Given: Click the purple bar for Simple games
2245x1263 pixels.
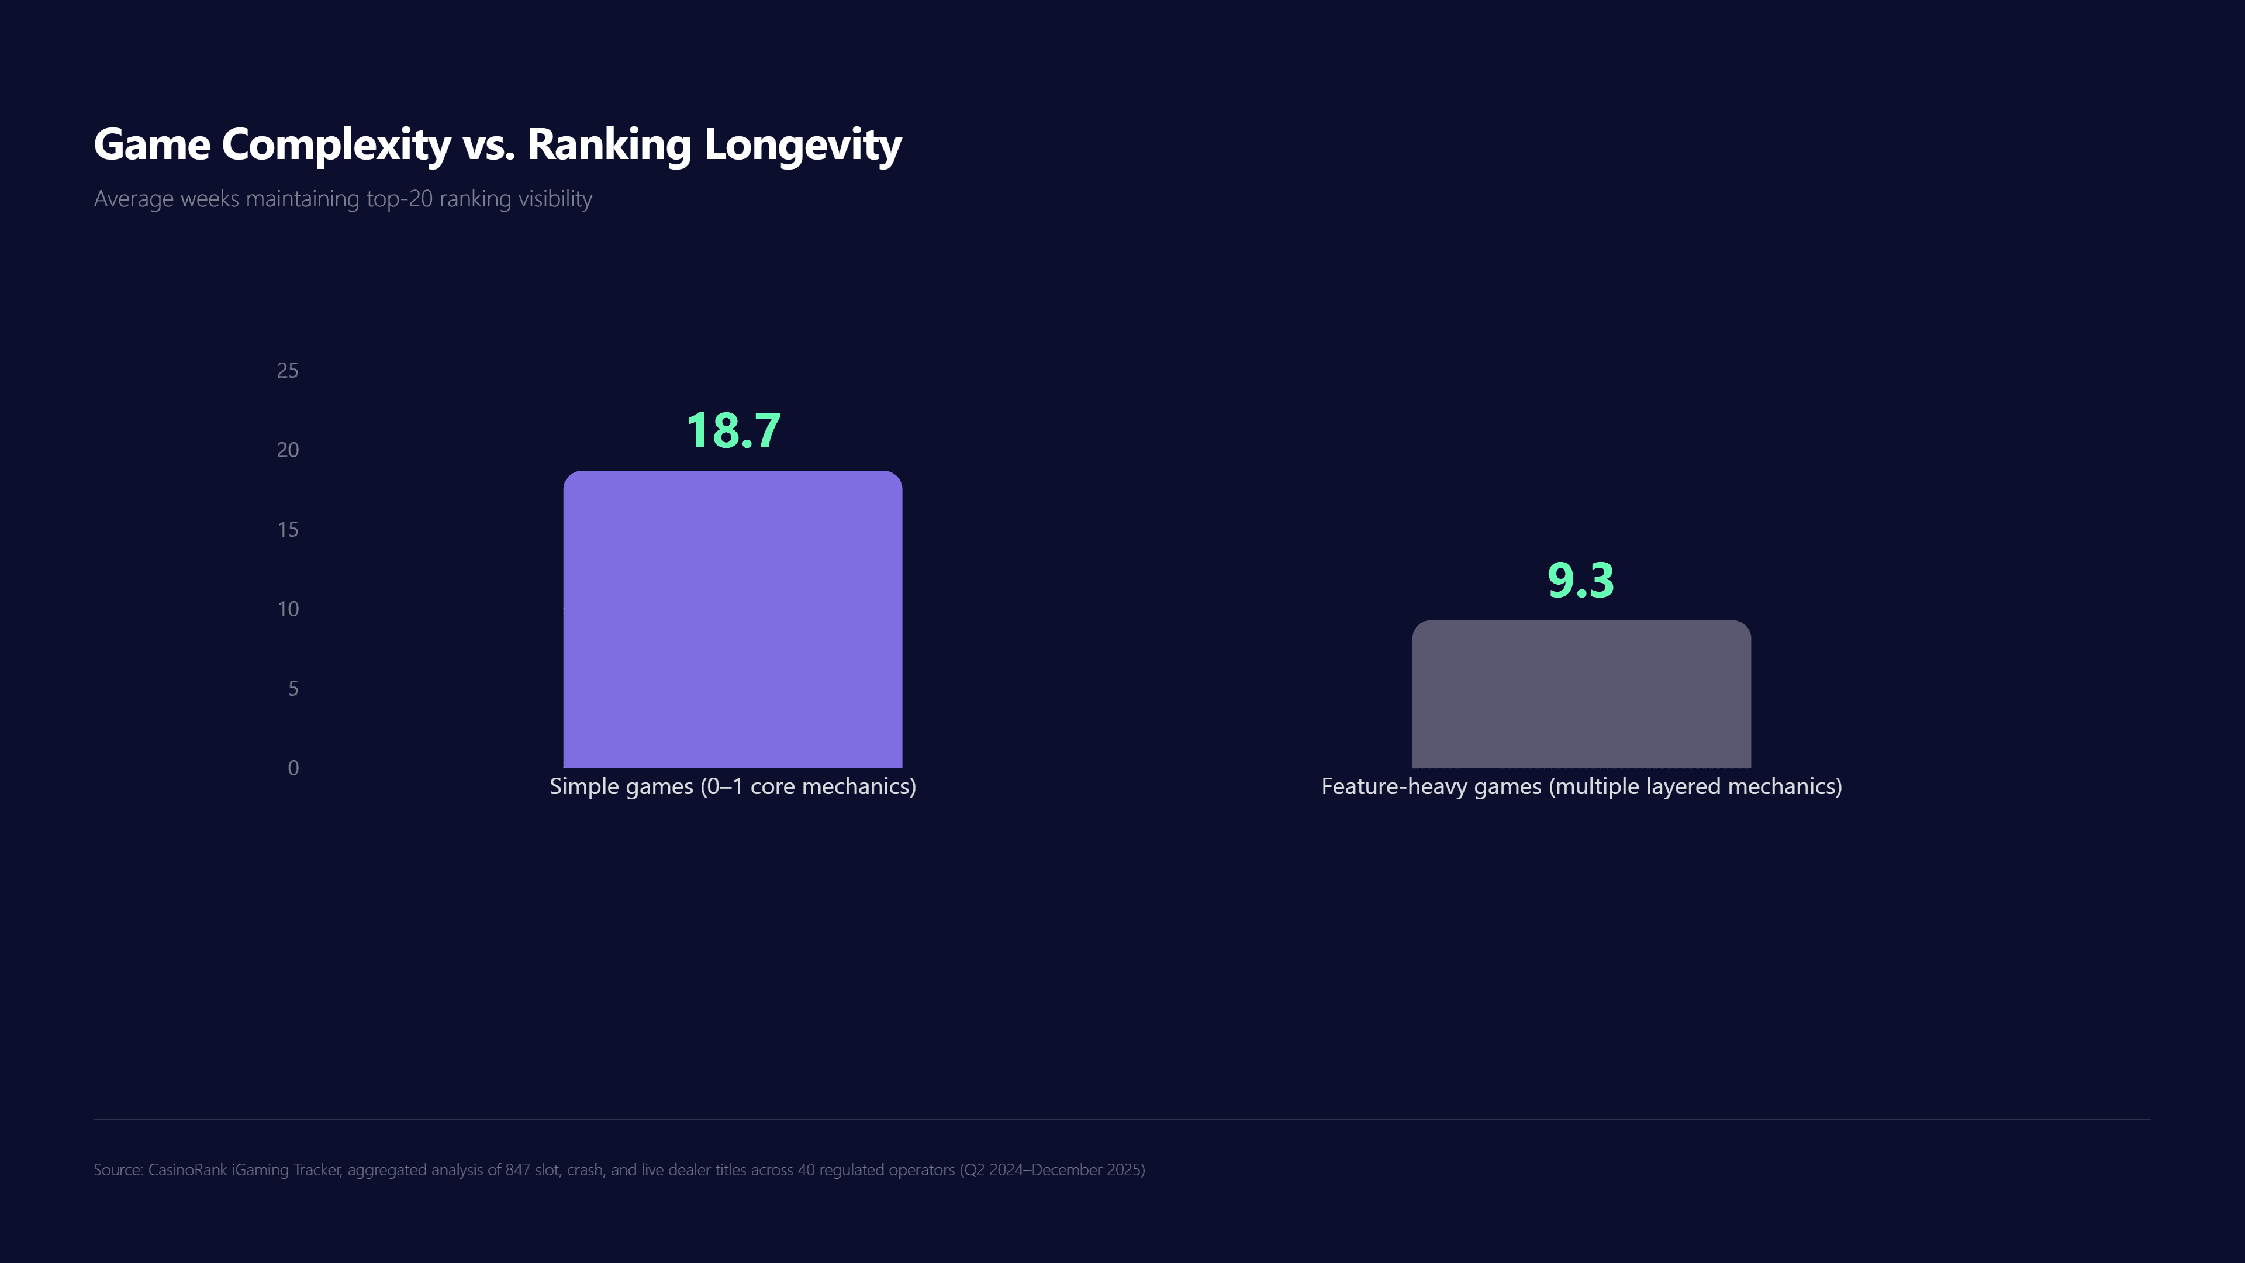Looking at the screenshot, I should coord(732,619).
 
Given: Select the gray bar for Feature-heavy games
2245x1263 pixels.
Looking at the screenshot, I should coord(1581,694).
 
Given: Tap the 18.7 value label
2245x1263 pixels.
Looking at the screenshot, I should coord(733,430).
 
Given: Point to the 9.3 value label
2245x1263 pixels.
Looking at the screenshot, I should coord(1581,581).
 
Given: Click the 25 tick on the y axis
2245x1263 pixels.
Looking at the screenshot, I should coord(288,371).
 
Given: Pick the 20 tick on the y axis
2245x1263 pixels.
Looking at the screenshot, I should coord(288,450).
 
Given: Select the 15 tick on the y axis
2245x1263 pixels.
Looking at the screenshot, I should coord(288,530).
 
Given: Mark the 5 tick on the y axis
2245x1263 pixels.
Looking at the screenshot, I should coord(293,689).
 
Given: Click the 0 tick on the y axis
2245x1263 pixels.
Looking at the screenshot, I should coord(293,768).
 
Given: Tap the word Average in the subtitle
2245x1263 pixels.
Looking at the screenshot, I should coord(133,199).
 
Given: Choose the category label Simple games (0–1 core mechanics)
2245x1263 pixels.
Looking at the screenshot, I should coord(732,786).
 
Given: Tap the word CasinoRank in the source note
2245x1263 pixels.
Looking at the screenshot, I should coord(187,1169).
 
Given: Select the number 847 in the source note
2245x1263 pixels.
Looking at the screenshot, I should coord(517,1169).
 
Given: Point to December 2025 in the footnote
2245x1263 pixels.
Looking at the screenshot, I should coord(1086,1169).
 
